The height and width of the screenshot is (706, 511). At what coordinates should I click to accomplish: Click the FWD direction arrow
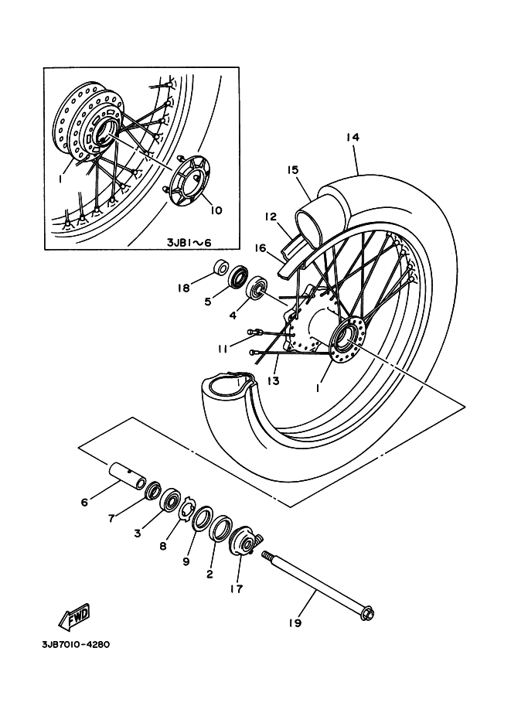click(x=75, y=616)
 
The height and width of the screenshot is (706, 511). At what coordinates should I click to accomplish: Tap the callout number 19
click(x=295, y=623)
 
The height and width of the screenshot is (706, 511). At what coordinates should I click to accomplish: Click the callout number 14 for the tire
click(x=353, y=138)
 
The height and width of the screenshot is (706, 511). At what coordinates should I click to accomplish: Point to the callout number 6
click(x=84, y=502)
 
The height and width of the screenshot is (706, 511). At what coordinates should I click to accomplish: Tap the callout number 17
click(x=237, y=588)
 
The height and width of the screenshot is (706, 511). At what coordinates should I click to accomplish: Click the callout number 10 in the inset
click(x=216, y=210)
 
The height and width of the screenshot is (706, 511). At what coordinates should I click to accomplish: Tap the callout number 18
click(x=184, y=287)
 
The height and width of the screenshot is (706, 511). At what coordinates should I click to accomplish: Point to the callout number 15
click(x=292, y=170)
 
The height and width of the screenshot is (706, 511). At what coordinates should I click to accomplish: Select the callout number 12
click(x=270, y=217)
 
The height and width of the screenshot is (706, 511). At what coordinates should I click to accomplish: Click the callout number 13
click(x=274, y=381)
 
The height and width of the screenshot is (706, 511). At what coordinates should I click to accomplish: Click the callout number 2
click(x=210, y=574)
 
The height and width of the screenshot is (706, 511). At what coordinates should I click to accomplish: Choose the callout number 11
click(x=223, y=349)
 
